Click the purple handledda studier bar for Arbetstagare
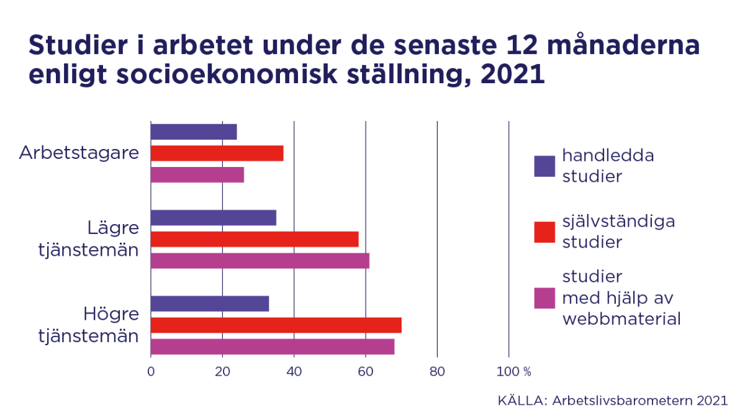pos(194,132)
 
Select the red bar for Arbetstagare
pos(217,153)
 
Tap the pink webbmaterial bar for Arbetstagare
pos(197,175)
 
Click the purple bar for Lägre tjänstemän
pos(213,217)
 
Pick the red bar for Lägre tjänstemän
pos(255,239)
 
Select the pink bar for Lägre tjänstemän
pos(260,261)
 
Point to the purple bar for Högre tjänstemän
pos(209,304)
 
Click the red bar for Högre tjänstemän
pos(276,325)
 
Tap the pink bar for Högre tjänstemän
pos(272,346)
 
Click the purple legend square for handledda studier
pos(544,166)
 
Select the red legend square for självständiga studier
pos(544,232)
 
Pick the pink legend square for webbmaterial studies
pos(544,298)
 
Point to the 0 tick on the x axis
pos(151,372)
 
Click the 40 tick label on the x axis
pos(294,372)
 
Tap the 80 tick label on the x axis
pos(437,372)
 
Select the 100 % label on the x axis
pos(513,372)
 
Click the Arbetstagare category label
pos(79,153)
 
